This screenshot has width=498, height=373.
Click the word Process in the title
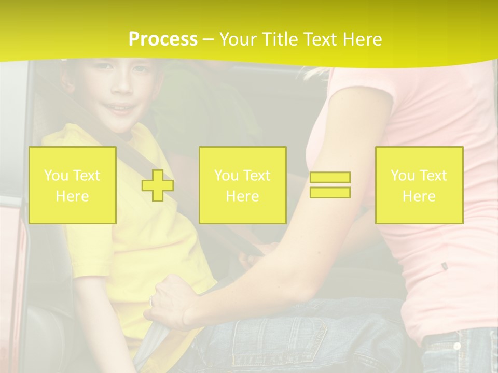click(x=163, y=39)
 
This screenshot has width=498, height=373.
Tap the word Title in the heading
click(x=281, y=39)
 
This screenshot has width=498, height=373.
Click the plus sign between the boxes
click(x=158, y=185)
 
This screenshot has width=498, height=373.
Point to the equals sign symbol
click(x=330, y=185)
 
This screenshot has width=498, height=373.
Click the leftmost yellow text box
click(x=72, y=185)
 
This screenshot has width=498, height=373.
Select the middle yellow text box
click(x=242, y=185)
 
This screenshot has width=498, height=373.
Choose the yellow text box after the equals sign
click(x=419, y=185)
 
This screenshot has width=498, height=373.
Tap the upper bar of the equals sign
click(x=330, y=178)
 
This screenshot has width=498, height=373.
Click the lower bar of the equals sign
click(x=330, y=192)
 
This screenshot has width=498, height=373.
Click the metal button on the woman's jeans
click(x=457, y=346)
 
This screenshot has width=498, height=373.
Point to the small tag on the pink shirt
click(x=444, y=266)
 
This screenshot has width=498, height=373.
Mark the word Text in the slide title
click(x=321, y=39)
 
